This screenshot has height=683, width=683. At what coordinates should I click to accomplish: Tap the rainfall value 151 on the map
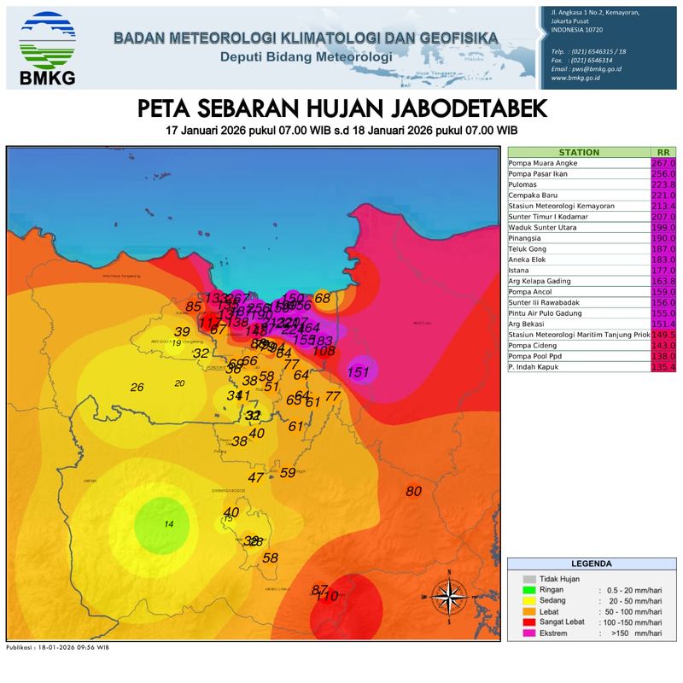(x=360, y=371)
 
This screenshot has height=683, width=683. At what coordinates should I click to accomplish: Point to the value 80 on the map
(x=414, y=491)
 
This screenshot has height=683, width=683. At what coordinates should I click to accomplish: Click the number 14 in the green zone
(x=169, y=523)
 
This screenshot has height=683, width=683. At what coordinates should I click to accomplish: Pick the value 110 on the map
(x=327, y=595)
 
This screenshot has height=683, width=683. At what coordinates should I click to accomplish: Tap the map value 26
(x=137, y=387)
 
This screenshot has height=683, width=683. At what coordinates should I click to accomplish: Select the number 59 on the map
(x=288, y=472)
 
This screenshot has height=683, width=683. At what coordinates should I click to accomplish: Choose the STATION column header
(x=579, y=152)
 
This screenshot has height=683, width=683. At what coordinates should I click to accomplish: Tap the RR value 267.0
(x=663, y=163)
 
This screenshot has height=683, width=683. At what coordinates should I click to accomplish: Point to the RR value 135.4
(x=663, y=366)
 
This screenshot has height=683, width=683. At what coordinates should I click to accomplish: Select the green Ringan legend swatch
(x=529, y=590)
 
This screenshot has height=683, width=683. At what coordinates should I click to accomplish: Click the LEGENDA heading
(x=591, y=564)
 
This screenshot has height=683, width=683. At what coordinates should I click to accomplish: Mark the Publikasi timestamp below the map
(x=57, y=648)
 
